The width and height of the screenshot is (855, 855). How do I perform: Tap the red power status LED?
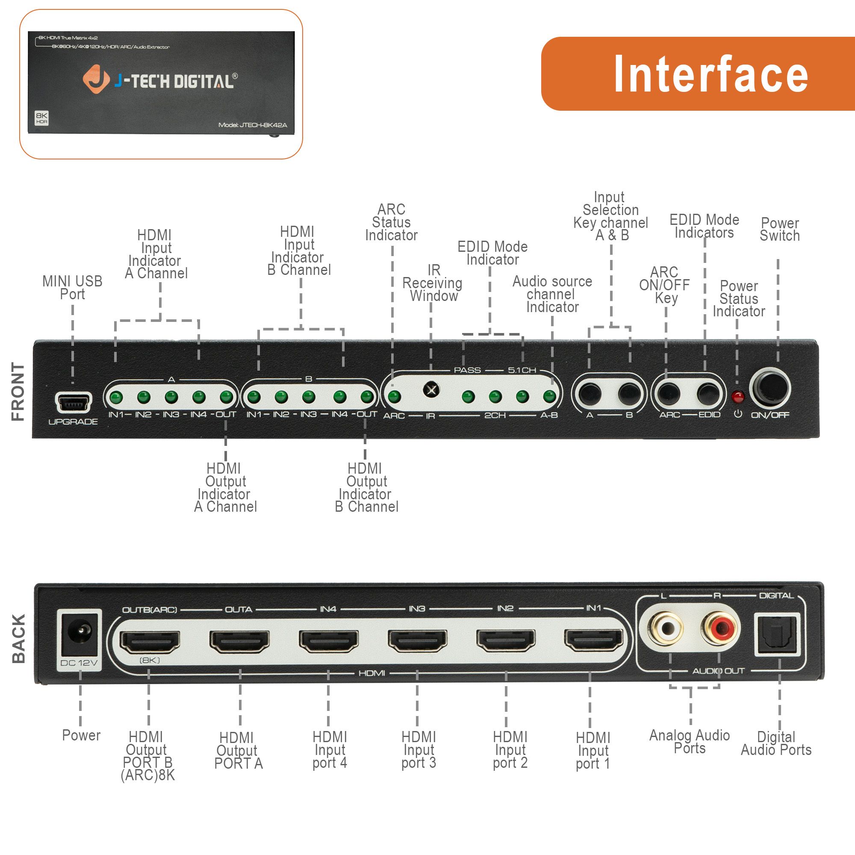point(737,397)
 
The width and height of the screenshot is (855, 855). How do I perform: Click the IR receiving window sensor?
point(431,390)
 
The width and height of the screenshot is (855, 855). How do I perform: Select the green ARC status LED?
point(394,397)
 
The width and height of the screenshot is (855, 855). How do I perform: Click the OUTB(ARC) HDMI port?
point(150,642)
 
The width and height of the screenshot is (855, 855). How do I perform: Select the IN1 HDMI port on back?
point(593,640)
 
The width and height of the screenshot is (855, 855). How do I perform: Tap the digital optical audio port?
point(777,634)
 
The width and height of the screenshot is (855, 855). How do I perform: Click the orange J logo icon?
point(96,80)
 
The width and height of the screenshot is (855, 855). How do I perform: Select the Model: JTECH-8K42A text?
point(253,125)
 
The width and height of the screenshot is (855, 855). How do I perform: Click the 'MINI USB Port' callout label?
point(72,288)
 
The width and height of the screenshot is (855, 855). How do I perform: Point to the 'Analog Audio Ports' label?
point(689,742)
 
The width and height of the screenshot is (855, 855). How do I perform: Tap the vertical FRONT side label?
point(18,392)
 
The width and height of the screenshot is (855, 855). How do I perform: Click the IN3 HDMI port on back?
point(417,641)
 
